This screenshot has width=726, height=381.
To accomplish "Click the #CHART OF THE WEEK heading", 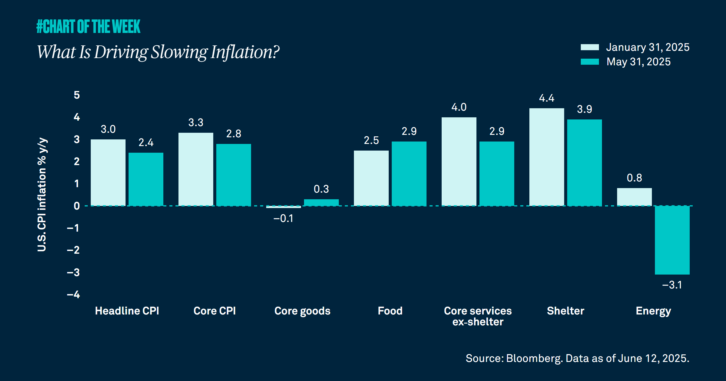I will tap(88, 26).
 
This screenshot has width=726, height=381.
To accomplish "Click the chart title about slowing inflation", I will tap(158, 52).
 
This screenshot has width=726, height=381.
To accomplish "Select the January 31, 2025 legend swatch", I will tap(590, 47).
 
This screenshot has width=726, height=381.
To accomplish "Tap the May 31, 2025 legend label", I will tap(638, 62).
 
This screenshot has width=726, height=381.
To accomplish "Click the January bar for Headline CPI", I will tap(108, 172).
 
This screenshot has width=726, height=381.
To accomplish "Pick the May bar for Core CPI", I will tap(234, 175).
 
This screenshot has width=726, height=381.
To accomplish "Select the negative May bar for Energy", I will tap(672, 240).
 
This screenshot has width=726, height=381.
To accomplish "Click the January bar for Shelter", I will tap(547, 157).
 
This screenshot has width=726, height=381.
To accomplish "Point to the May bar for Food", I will tap(409, 174).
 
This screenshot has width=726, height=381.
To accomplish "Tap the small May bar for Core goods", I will tap(321, 202).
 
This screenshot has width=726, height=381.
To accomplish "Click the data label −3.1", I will tap(672, 285).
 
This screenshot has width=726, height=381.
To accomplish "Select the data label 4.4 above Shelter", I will tap(547, 98).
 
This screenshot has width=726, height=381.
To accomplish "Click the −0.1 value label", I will tap(283, 218).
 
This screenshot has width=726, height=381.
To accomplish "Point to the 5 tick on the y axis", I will tap(77, 95).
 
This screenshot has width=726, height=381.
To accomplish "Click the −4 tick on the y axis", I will tap(74, 295).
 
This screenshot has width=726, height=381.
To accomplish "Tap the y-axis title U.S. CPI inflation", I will tap(42, 195).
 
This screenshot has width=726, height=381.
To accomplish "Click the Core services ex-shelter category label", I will tap(478, 316).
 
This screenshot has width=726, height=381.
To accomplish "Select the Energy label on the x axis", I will tap(653, 311).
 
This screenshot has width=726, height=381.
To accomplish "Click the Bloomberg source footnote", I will tap(577, 358).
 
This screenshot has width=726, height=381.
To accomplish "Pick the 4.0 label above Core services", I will tap(459, 107).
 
